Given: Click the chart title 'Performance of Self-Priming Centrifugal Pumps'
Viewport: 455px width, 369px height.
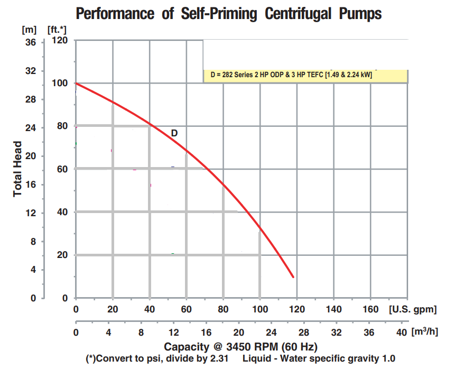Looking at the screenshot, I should (228, 13).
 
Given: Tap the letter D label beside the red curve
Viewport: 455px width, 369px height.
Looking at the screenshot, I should (174, 133).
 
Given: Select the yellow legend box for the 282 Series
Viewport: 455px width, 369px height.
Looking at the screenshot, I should (305, 75).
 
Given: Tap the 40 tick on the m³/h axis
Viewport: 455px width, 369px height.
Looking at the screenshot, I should (401, 333).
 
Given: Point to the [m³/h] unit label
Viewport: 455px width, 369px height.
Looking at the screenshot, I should (426, 331).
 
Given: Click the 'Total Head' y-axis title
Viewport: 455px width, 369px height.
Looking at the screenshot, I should (17, 168).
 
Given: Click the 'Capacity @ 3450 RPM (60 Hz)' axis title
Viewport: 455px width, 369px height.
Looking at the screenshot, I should (240, 347).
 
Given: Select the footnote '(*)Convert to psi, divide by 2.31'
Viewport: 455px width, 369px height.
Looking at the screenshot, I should (157, 358).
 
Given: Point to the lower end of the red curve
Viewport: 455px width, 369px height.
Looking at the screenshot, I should (293, 276).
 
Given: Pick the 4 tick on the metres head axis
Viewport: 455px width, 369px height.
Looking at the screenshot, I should (32, 270).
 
